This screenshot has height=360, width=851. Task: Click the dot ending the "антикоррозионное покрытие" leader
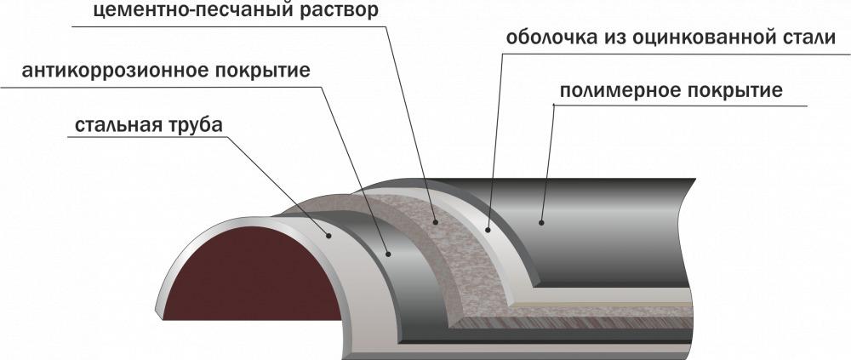click(388, 252)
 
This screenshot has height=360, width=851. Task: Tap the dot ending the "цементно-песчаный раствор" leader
click(435, 221)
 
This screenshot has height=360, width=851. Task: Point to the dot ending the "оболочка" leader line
click(488, 230)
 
